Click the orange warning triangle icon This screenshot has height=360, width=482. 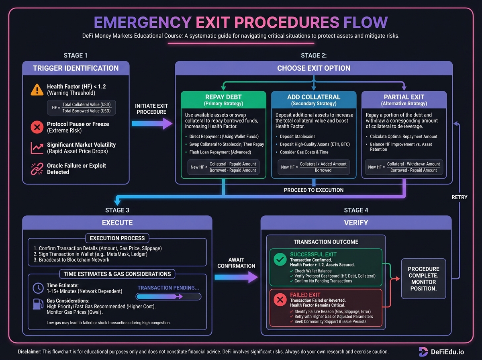(37, 90)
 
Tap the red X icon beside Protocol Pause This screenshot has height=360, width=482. (37, 127)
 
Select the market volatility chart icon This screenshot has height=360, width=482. (37, 148)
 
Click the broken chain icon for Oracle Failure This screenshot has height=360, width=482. (37, 168)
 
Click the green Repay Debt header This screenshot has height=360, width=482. (223, 100)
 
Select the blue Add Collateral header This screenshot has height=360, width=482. (314, 100)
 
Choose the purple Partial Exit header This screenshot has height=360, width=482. (404, 100)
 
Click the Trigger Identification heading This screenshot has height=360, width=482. (76, 68)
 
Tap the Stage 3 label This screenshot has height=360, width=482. (117, 210)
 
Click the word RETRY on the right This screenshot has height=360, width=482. (460, 197)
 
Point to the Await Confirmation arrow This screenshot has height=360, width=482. (236, 276)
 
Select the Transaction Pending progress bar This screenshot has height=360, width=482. (168, 297)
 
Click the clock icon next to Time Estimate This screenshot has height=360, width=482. (38, 288)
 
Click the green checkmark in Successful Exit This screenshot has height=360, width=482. (280, 260)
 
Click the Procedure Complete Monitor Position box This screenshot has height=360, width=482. (423, 278)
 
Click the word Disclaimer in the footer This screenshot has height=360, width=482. (29, 352)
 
